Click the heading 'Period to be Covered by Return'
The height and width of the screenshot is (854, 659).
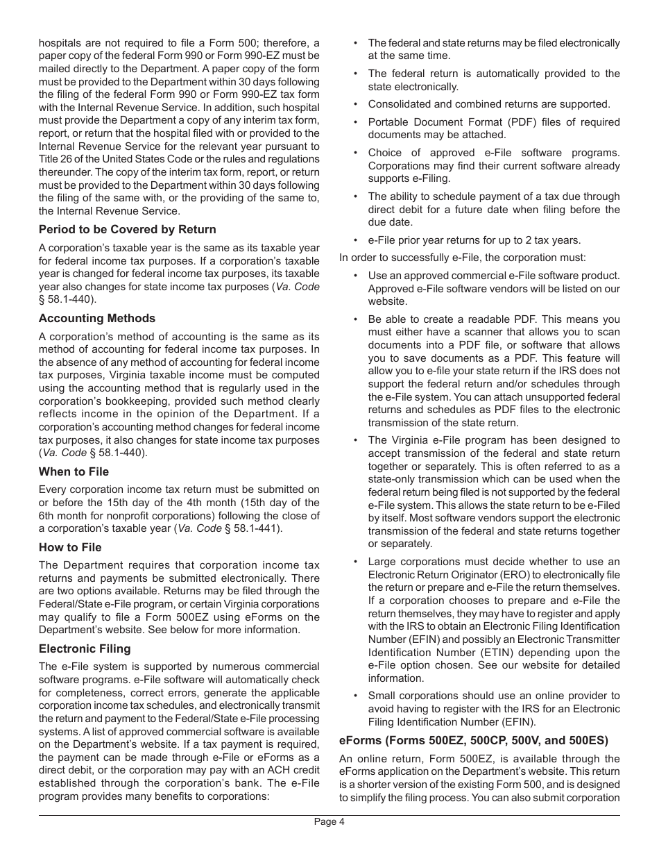click(x=127, y=229)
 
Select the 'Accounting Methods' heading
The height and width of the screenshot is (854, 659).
click(x=97, y=318)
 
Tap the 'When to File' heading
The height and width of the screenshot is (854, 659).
click(x=74, y=471)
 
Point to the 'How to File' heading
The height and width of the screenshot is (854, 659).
click(x=70, y=547)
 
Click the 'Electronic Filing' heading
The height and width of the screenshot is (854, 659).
click(x=85, y=648)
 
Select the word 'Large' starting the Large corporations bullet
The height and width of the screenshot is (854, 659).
click(x=382, y=561)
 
